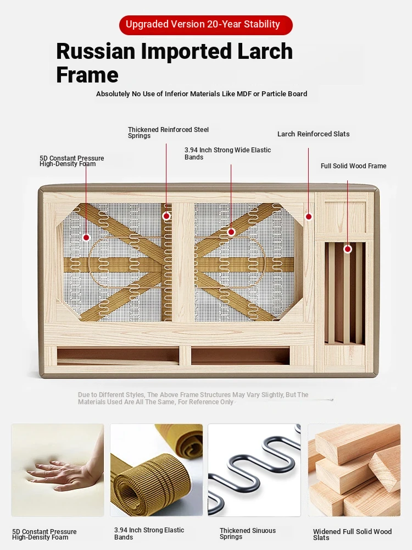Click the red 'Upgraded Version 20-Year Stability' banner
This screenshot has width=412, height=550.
pos(206,25)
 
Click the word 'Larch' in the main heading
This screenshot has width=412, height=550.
pos(265,51)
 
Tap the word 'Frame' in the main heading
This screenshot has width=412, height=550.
pos(87,75)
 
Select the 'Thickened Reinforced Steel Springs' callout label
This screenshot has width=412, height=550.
pos(168,133)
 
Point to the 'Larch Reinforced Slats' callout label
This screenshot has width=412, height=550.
pos(314,134)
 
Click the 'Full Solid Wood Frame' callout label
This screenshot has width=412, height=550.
pos(353,166)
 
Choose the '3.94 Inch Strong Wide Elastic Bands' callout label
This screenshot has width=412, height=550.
pos(228,153)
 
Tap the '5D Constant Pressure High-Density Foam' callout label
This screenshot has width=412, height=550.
pos(72,161)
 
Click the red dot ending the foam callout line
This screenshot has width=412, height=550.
pos(86,238)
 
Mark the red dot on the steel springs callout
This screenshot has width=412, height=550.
pos(166,216)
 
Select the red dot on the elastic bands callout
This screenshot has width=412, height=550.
pos(231,232)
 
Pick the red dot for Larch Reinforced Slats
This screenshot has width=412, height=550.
pos(309,217)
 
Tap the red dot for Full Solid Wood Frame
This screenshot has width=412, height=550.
pos(348,249)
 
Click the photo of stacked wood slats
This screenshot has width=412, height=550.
pos(354,470)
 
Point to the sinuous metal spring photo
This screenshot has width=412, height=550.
pos(254,470)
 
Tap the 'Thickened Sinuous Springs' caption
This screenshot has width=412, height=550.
pos(248,533)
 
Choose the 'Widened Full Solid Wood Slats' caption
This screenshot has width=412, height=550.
pos(353,535)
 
